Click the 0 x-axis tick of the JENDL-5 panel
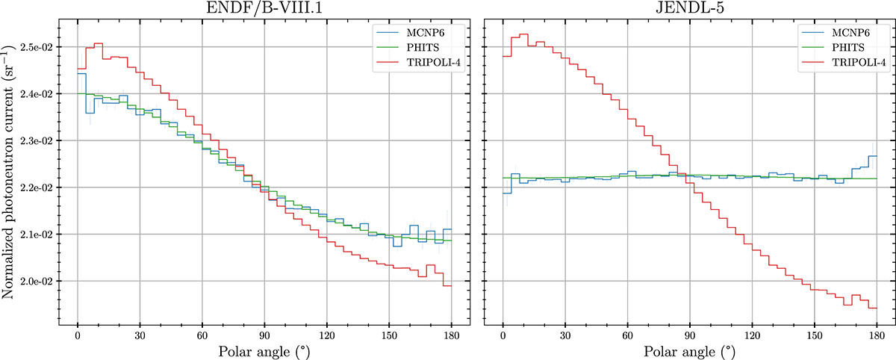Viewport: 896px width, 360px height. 503,333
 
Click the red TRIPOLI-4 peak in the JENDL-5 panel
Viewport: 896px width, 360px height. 523,34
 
